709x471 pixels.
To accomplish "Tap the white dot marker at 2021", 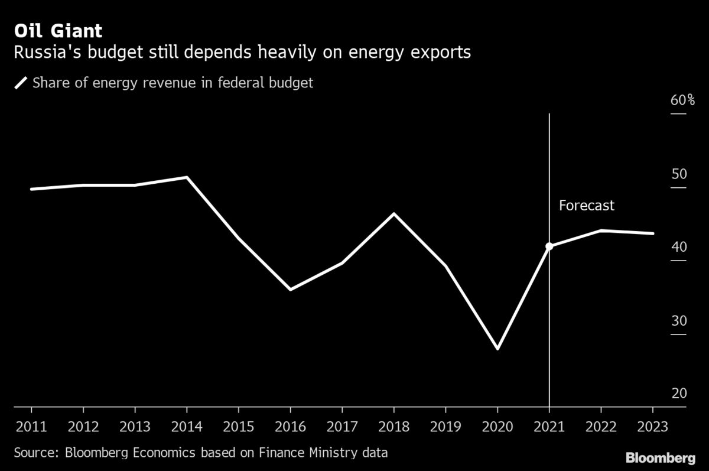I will click(x=549, y=246).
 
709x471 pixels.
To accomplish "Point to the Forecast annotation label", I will click(x=586, y=206).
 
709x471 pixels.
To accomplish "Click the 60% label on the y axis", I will click(x=682, y=100).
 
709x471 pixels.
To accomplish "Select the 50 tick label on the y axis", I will click(x=679, y=174).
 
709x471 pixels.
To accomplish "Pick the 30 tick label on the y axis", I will click(x=679, y=321).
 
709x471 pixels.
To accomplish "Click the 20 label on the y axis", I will click(x=679, y=394).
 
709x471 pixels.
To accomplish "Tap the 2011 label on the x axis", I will click(x=31, y=427).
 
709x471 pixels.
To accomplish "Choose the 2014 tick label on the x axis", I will click(x=187, y=427).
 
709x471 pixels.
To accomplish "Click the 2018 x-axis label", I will click(x=394, y=427).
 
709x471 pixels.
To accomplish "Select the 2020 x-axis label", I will click(x=497, y=427).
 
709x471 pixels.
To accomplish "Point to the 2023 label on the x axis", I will click(x=653, y=427).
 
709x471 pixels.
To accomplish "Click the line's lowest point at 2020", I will click(x=497, y=349).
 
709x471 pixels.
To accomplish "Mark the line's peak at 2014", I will click(x=187, y=177).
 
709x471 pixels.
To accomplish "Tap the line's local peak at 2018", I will click(x=394, y=213).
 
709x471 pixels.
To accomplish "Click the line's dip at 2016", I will click(x=291, y=290).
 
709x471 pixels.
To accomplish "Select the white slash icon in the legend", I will click(x=21, y=83).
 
